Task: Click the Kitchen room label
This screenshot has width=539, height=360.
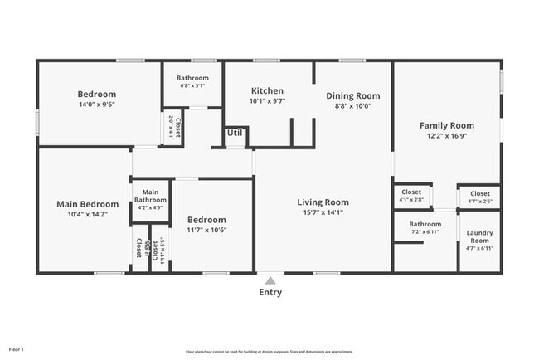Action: point(267,91)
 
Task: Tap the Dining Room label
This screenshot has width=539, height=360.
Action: point(352,96)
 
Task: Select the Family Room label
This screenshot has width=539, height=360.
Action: point(446,125)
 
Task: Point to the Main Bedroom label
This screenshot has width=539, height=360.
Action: point(87,204)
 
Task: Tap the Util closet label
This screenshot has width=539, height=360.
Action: point(235,133)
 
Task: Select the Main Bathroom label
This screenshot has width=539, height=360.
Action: point(151,196)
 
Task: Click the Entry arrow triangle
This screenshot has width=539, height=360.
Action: point(270,281)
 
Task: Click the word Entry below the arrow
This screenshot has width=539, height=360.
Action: point(270,292)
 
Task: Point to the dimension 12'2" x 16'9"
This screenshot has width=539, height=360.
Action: point(446,136)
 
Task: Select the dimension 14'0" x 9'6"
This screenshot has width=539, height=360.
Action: point(97,105)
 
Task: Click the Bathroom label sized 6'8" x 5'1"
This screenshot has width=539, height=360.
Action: point(192,78)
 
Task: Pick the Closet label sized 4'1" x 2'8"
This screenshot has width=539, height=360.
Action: point(411,192)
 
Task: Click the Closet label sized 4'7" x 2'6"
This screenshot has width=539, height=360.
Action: point(479,193)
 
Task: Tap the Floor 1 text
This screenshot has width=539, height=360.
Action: point(17,349)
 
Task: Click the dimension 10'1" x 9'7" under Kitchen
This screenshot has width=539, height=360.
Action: point(267,101)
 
